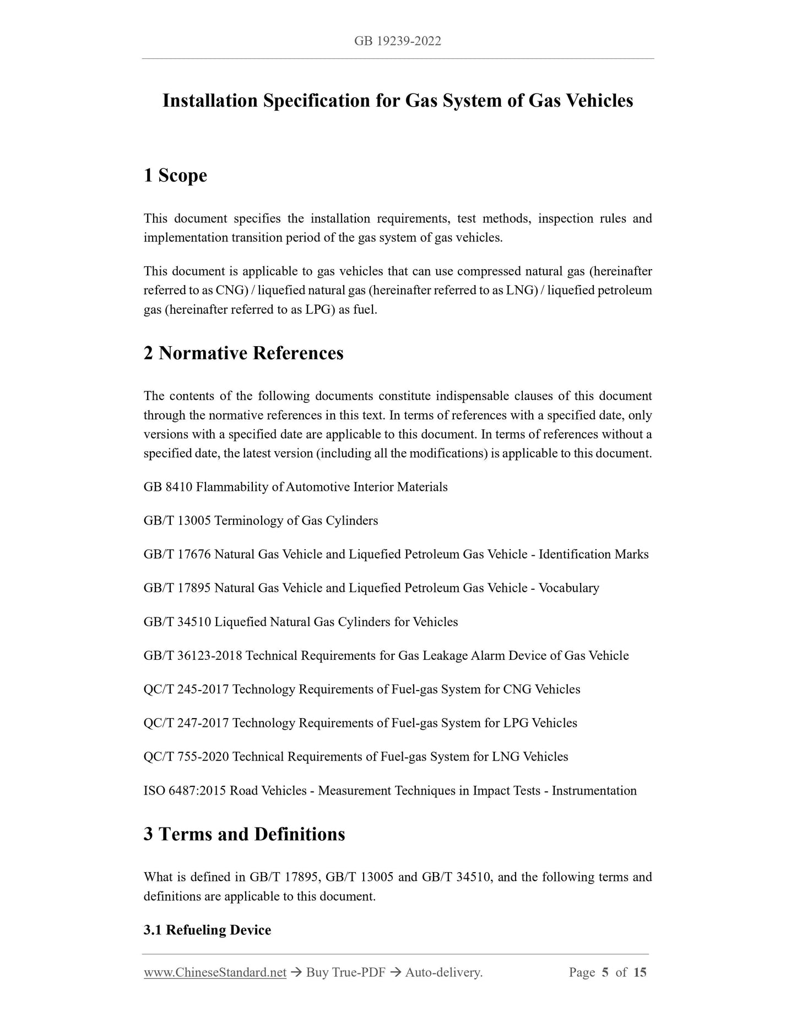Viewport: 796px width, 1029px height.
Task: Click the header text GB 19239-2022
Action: pyautogui.click(x=397, y=41)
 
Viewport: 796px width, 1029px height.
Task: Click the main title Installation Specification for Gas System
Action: pyautogui.click(x=397, y=101)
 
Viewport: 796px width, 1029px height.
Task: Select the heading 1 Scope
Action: pyautogui.click(x=175, y=176)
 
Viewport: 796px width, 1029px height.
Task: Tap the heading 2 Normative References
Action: pyautogui.click(x=243, y=353)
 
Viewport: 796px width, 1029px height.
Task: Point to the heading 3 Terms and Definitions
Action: pyautogui.click(x=244, y=834)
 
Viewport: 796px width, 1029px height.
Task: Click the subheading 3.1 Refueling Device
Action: pyautogui.click(x=207, y=930)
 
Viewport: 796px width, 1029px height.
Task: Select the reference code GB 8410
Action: pyautogui.click(x=168, y=487)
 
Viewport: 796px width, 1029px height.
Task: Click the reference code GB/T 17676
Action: pyautogui.click(x=177, y=554)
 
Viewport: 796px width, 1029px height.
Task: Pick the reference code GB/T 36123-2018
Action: pyautogui.click(x=193, y=655)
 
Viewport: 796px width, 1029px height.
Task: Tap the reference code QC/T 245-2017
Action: pyautogui.click(x=186, y=689)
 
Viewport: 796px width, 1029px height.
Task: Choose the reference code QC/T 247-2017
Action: pyautogui.click(x=186, y=723)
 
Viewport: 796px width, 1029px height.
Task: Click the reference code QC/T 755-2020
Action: pyautogui.click(x=186, y=757)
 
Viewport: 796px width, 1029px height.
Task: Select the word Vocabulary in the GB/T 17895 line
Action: pyautogui.click(x=568, y=588)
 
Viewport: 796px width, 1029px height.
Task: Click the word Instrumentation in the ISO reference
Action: pyautogui.click(x=594, y=791)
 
